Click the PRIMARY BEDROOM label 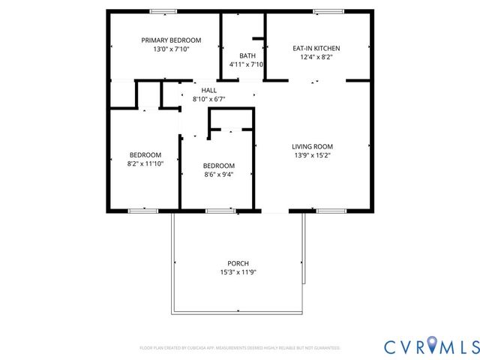pyautogui.click(x=172, y=40)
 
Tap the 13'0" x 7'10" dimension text pyautogui.click(x=172, y=49)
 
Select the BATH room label pyautogui.click(x=247, y=56)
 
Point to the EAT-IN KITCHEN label pyautogui.click(x=316, y=48)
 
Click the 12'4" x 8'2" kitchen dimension pyautogui.click(x=316, y=57)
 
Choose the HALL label pyautogui.click(x=209, y=90)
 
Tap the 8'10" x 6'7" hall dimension pyautogui.click(x=209, y=99)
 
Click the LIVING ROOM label pyautogui.click(x=313, y=146)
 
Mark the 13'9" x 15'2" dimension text pyautogui.click(x=313, y=155)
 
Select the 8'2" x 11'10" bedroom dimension pyautogui.click(x=145, y=163)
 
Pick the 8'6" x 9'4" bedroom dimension pyautogui.click(x=219, y=175)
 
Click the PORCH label pyautogui.click(x=238, y=263)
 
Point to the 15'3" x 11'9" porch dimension pyautogui.click(x=238, y=272)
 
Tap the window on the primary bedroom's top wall pyautogui.click(x=163, y=10)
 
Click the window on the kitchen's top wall pyautogui.click(x=327, y=10)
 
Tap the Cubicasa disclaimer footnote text pyautogui.click(x=240, y=348)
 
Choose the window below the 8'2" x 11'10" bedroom pyautogui.click(x=139, y=211)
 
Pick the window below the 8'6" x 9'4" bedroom pyautogui.click(x=219, y=211)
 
